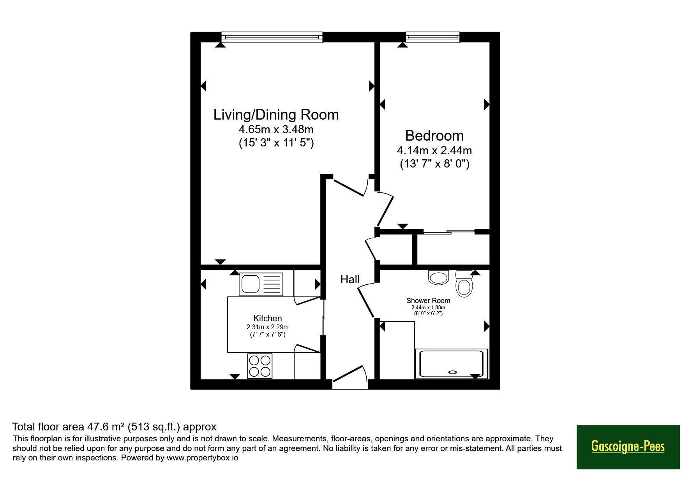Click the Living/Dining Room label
pyautogui.click(x=276, y=115)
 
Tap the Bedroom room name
pyautogui.click(x=434, y=136)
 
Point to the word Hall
pyautogui.click(x=350, y=279)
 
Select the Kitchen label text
pyautogui.click(x=267, y=318)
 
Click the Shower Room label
pyautogui.click(x=428, y=300)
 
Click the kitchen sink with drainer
pyautogui.click(x=261, y=284)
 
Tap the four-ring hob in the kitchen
pyautogui.click(x=259, y=366)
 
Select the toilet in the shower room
pyautogui.click(x=464, y=284)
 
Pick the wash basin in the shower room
pyautogui.click(x=438, y=277)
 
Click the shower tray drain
pyautogui.click(x=452, y=372)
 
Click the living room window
pyautogui.click(x=272, y=37)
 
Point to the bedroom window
pyautogui.click(x=432, y=37)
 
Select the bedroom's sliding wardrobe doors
pyautogui.click(x=449, y=232)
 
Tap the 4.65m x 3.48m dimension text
pyautogui.click(x=276, y=129)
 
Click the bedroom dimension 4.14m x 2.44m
pyautogui.click(x=434, y=150)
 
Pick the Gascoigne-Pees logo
pyautogui.click(x=628, y=447)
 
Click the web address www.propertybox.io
pyautogui.click(x=203, y=458)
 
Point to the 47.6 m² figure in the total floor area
pyautogui.click(x=106, y=427)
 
